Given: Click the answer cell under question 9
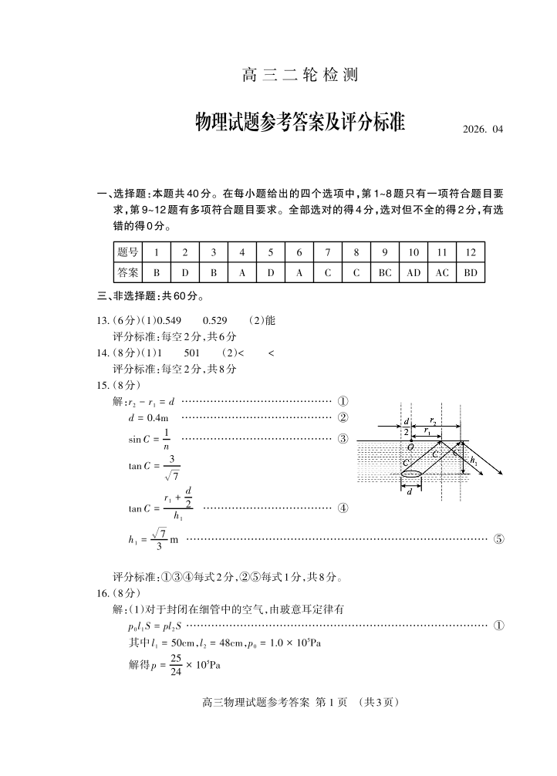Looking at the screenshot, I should click(x=385, y=272).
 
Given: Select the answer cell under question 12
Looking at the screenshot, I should click(x=471, y=272).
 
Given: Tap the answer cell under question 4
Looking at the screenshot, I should click(x=241, y=272).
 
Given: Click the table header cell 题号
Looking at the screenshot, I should click(x=128, y=252).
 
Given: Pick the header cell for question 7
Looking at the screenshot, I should click(x=327, y=252).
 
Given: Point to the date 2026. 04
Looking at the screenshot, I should click(x=482, y=130).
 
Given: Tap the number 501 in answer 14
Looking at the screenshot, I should click(x=192, y=353).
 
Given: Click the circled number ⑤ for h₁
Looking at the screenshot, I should click(x=498, y=539).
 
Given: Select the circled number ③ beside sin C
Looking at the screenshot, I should click(x=343, y=439).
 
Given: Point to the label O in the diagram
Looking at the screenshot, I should click(x=410, y=447).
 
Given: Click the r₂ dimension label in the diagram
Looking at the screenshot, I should click(x=434, y=422).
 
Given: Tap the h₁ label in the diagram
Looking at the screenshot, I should click(x=474, y=461).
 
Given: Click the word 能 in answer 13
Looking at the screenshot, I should click(x=269, y=321).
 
